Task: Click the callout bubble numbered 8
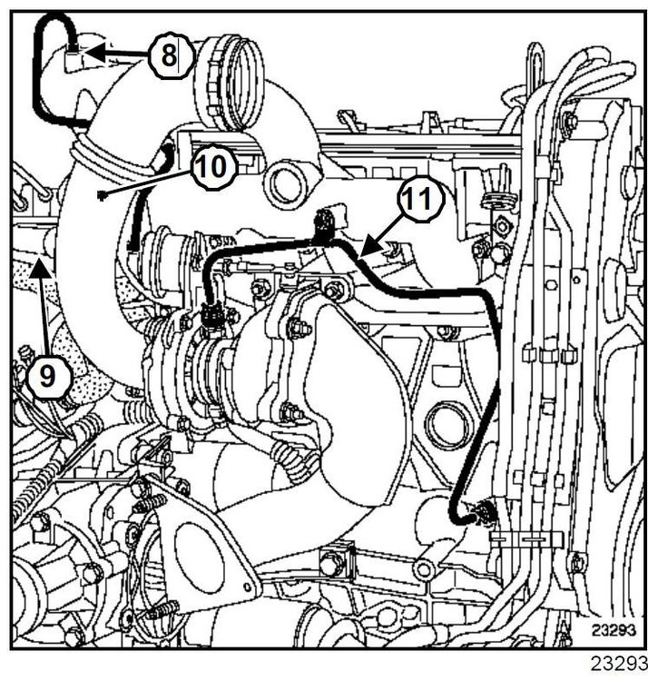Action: (x=170, y=57)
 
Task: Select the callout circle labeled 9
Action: (x=49, y=376)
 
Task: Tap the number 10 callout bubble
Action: (x=213, y=167)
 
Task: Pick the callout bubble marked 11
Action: (x=420, y=199)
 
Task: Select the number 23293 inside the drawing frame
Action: (x=614, y=630)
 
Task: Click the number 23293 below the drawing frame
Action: (x=619, y=663)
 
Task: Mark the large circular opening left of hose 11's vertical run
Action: (x=448, y=424)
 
